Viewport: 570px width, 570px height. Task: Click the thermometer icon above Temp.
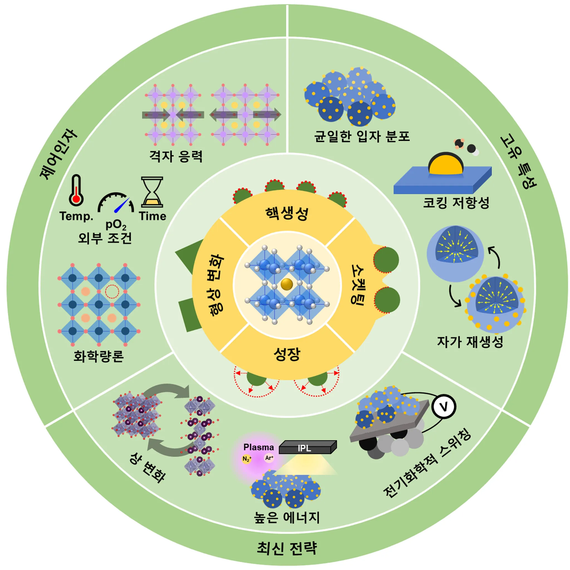coord(76,191)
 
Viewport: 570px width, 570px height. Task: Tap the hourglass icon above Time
coord(152,192)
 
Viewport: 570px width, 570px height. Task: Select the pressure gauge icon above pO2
coord(116,203)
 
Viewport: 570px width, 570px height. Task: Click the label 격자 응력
coord(176,156)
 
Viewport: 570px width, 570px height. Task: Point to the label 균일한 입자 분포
coord(362,137)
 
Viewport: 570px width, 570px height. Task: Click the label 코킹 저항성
coord(456,203)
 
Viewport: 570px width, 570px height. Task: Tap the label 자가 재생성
coord(470,342)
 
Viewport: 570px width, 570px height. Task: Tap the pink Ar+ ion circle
coord(269,458)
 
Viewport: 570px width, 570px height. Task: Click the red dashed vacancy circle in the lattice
coord(112,291)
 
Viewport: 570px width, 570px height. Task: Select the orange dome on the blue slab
coord(446,164)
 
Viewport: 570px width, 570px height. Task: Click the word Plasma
coord(259,447)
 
